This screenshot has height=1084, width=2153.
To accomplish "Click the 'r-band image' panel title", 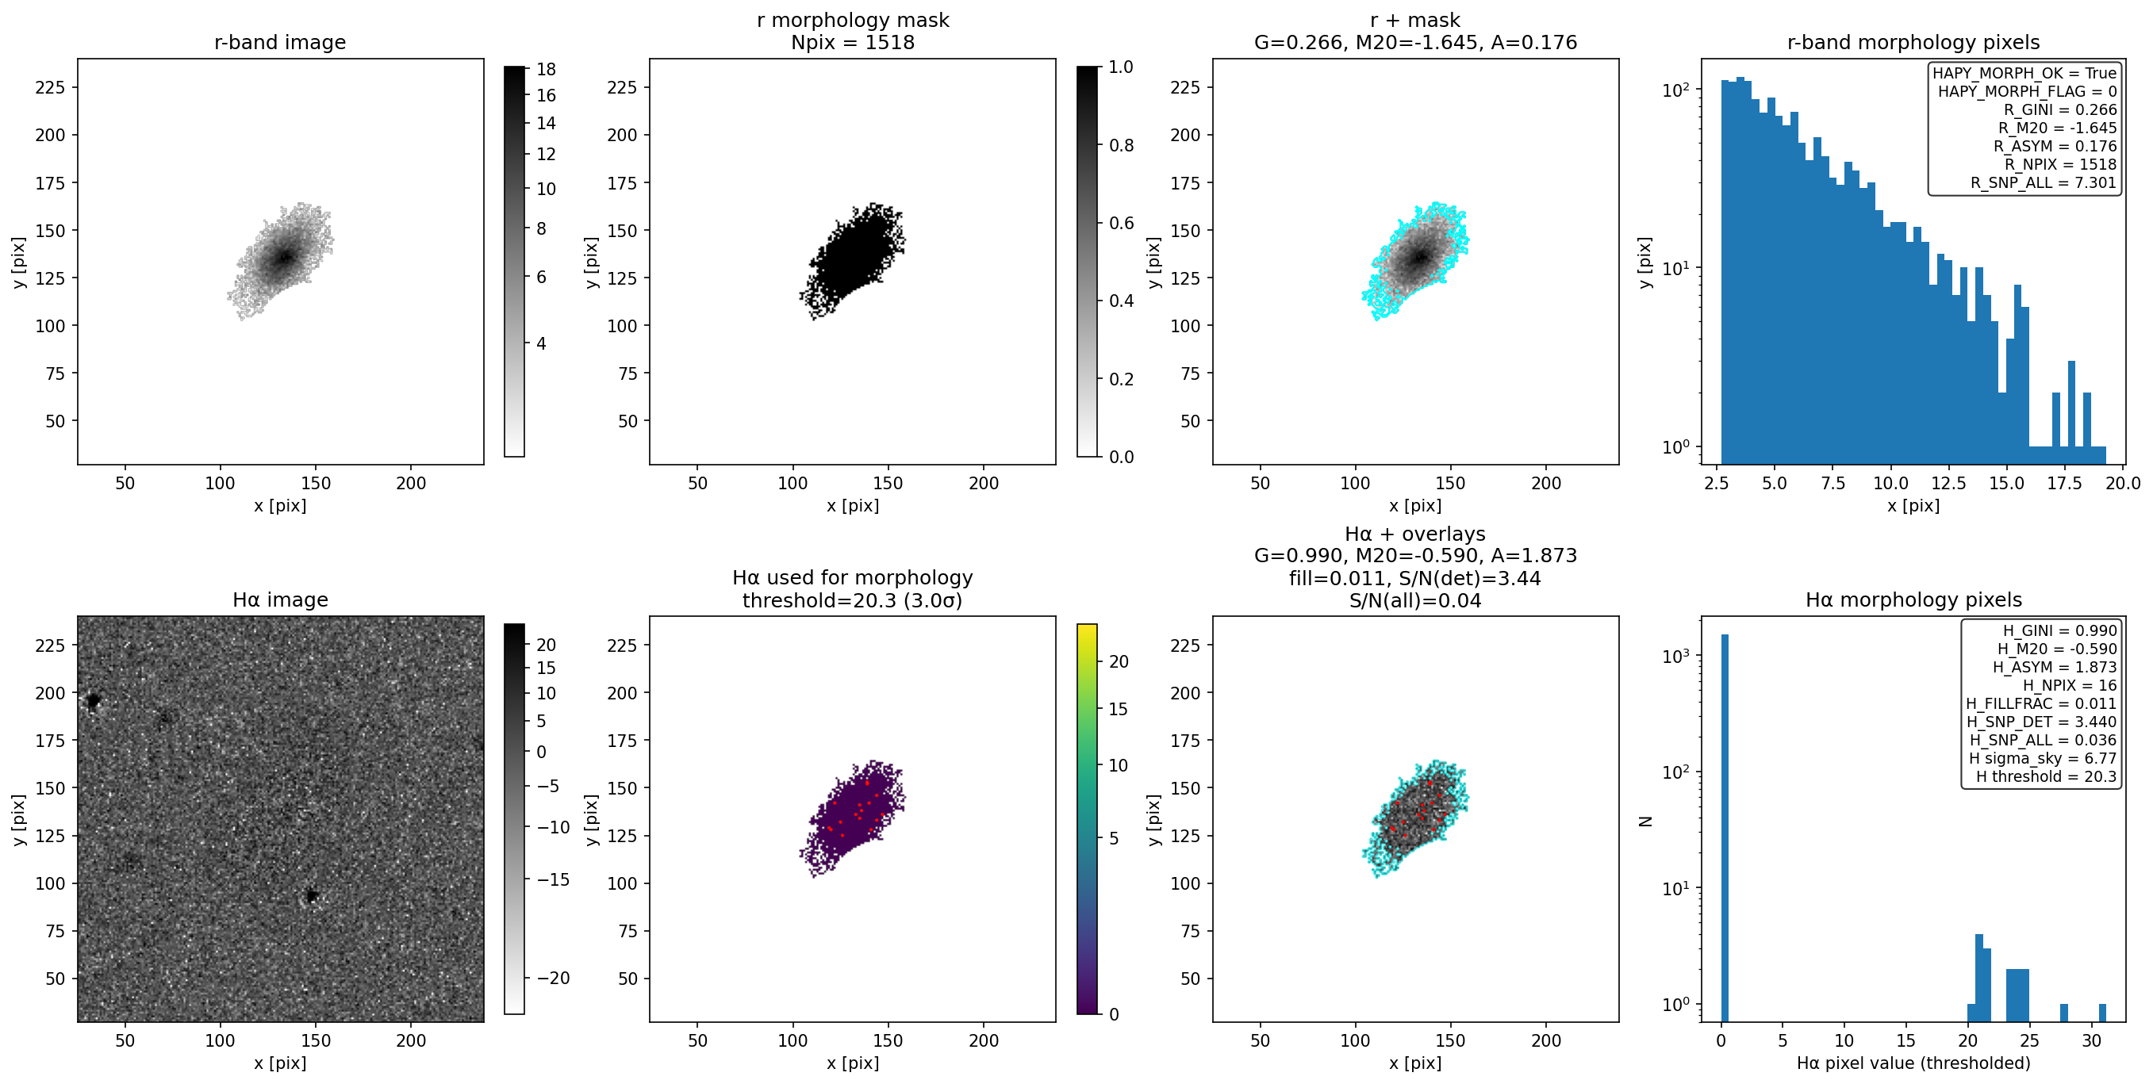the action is (x=280, y=42).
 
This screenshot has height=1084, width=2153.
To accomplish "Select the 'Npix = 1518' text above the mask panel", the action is (x=853, y=42).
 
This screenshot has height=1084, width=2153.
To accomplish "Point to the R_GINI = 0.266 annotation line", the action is (x=2059, y=109).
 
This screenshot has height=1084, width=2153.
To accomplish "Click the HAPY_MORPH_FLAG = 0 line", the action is (x=2028, y=91).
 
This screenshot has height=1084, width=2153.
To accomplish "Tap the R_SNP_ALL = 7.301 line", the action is (x=2044, y=182).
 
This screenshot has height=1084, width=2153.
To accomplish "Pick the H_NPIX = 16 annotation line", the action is (x=2070, y=685).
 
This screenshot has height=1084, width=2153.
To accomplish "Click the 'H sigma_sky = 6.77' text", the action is (x=2042, y=758).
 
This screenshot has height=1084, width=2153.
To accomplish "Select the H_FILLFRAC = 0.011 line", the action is (x=2041, y=703).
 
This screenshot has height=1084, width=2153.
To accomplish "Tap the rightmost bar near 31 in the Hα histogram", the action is (x=2102, y=1012).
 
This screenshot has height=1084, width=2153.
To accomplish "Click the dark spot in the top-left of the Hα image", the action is (x=93, y=700).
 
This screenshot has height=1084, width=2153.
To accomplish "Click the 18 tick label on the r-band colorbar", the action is (x=547, y=69).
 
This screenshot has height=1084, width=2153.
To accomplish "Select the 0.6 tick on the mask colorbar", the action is (x=1121, y=223).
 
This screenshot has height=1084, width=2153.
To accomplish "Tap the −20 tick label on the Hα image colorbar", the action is (x=552, y=978).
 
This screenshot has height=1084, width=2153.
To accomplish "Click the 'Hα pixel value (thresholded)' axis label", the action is (x=1913, y=1063).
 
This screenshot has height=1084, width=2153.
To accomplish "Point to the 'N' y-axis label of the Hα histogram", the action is (x=1645, y=821).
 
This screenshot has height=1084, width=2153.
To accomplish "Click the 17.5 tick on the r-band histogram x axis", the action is (x=2063, y=483).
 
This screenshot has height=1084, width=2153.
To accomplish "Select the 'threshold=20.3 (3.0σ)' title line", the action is (x=853, y=600).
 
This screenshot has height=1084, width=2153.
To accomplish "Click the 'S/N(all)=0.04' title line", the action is (x=1415, y=600).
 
